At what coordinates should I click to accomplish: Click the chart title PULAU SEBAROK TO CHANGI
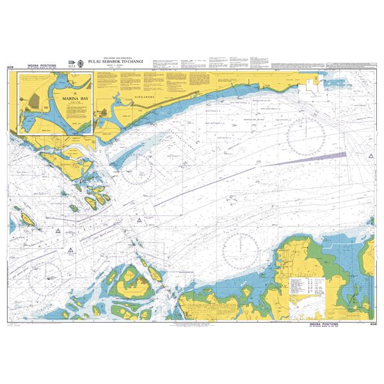point(120,63)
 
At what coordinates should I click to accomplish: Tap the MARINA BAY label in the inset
point(65,99)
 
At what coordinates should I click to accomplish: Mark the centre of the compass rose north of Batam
point(241,248)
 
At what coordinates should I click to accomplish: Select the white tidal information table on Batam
point(306,289)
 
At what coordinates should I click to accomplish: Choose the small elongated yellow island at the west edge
point(28,220)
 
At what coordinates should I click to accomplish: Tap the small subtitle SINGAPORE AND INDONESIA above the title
point(120,58)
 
